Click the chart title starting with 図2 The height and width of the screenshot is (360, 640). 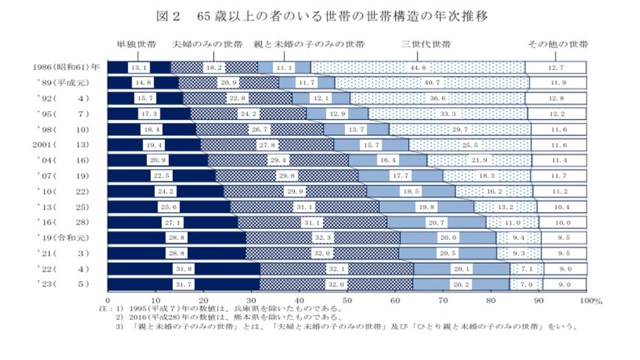pyautogui.click(x=319, y=15)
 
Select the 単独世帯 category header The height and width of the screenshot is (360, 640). pyautogui.click(x=136, y=45)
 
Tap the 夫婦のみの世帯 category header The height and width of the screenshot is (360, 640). pyautogui.click(x=207, y=45)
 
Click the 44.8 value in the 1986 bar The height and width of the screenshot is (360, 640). pyautogui.click(x=419, y=68)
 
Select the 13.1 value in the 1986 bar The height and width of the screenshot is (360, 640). pyautogui.click(x=139, y=68)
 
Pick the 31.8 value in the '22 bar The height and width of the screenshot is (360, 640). pyautogui.click(x=184, y=268)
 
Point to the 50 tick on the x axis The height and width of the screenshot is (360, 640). pyautogui.click(x=347, y=300)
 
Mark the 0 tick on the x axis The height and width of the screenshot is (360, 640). pyautogui.click(x=108, y=300)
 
